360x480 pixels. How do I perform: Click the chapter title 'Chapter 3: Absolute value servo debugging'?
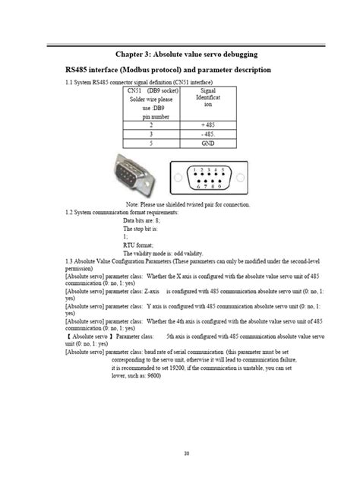pyautogui.click(x=185, y=54)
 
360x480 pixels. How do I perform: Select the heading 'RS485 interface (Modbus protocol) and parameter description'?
pyautogui.click(x=168, y=70)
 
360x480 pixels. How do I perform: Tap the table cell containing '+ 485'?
pyautogui.click(x=207, y=123)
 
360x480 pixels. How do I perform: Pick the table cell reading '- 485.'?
pyautogui.click(x=207, y=132)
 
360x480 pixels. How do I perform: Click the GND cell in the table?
pyautogui.click(x=207, y=142)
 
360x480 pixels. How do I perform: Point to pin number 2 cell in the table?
pyautogui.click(x=150, y=123)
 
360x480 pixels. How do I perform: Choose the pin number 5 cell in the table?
pyautogui.click(x=150, y=142)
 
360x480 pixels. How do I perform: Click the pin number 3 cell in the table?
pyautogui.click(x=150, y=132)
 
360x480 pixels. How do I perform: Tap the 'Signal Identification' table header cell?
pyautogui.click(x=207, y=99)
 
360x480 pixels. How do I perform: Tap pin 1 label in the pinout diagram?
pyautogui.click(x=193, y=169)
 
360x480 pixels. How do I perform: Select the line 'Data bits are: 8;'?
pyautogui.click(x=142, y=220)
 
